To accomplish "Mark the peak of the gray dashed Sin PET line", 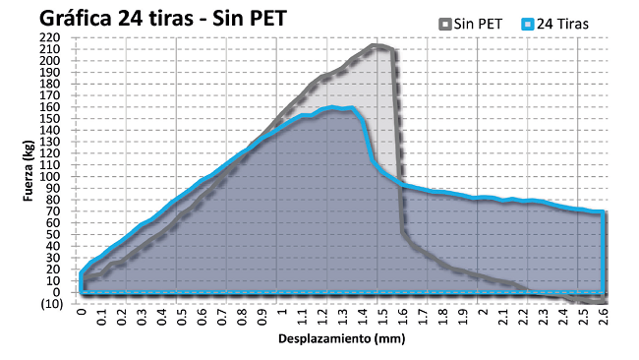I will pos(378,45).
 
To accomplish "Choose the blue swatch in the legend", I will pos(526,22).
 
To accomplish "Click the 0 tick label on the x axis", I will pos(81,316).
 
